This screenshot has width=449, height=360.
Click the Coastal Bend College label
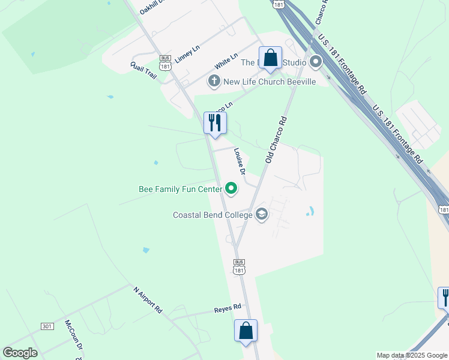pos(212,214)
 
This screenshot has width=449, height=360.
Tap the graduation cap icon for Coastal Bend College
pos(261,214)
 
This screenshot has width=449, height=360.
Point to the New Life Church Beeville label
pos(270,81)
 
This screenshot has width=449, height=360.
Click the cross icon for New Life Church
pos(213,81)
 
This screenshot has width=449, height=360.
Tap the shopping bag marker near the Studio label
pos(271,58)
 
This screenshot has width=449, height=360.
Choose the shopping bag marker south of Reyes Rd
pos(246,331)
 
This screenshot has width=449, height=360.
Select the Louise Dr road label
pos(240,161)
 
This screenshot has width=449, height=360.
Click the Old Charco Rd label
pos(277,139)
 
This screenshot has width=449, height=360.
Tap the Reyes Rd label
pos(228,308)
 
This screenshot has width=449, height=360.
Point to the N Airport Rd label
pos(148,300)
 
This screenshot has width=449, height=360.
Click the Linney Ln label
pos(189,52)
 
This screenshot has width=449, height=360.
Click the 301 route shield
pos(47,326)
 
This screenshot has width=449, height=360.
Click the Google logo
pos(20,353)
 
